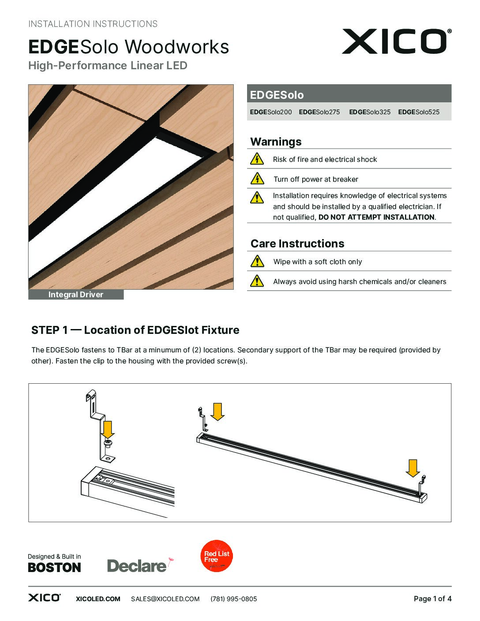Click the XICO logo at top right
coord(396,41)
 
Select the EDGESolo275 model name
coord(319,112)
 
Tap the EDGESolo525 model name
coord(419,112)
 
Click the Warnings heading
coord(276,142)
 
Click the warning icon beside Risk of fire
coord(257,159)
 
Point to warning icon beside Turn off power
coord(257,179)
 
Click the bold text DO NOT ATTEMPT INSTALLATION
coord(376,217)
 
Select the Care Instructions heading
coord(297,243)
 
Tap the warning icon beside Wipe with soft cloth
coord(257,261)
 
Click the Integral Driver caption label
coord(76,295)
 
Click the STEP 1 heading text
coord(135,330)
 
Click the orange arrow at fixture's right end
coord(412,468)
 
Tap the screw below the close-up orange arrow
coord(107,442)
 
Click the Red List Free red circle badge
coord(217,556)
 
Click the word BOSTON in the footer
coord(54,568)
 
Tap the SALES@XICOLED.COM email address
coord(165,599)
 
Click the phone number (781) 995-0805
coord(233,599)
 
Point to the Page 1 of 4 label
coord(432,599)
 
